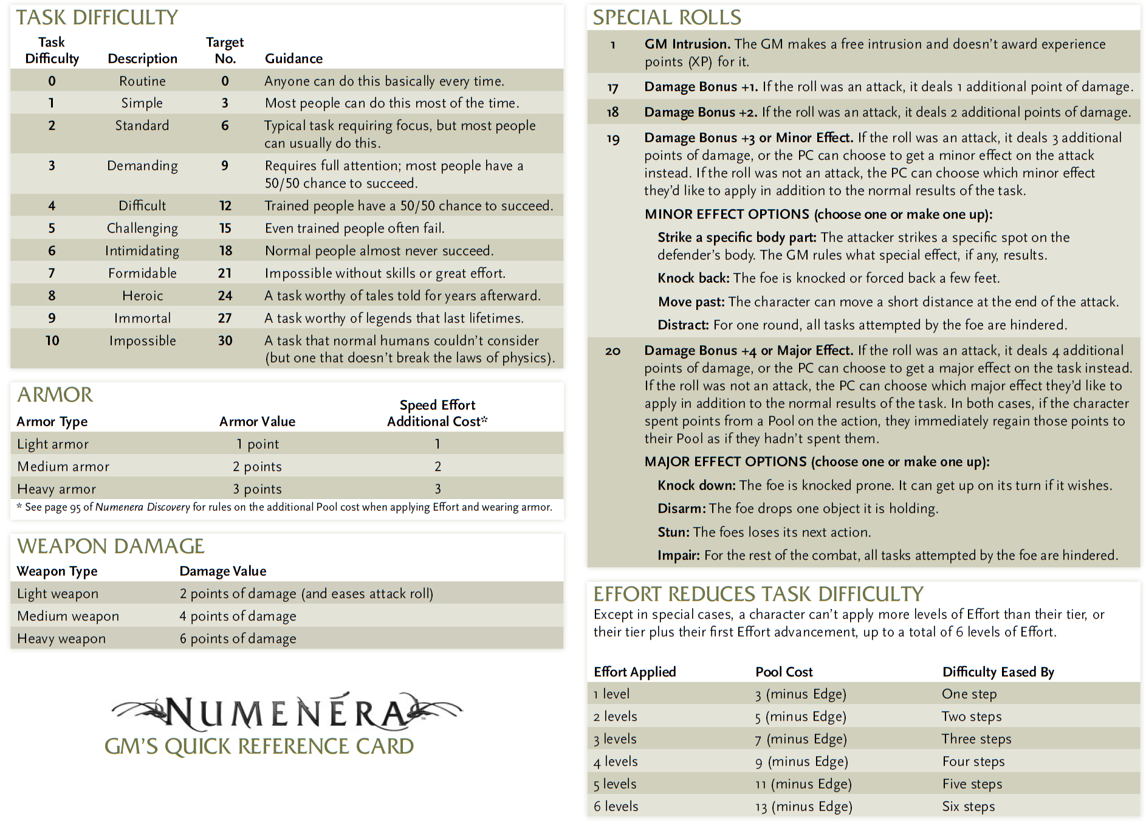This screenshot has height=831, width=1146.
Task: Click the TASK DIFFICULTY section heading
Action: tap(97, 18)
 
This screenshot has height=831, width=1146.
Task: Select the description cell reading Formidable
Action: tap(142, 274)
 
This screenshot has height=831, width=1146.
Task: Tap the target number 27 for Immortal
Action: tap(225, 319)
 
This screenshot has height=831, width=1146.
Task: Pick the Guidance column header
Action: tap(293, 59)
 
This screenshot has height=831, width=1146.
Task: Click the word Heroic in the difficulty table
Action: tap(142, 296)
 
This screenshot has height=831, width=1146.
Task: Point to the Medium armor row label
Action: tap(63, 467)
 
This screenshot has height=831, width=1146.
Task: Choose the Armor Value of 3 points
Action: tap(257, 489)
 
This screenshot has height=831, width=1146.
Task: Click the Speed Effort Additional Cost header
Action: tap(437, 413)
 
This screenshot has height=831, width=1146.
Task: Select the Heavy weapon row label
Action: tap(61, 639)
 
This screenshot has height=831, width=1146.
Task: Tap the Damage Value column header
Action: tap(223, 571)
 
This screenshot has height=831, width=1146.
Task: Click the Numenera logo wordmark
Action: tap(286, 712)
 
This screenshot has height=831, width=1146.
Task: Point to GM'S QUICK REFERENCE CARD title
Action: tap(259, 747)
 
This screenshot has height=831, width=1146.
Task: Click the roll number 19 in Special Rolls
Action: tap(613, 139)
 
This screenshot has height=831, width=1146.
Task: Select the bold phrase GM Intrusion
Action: tap(687, 44)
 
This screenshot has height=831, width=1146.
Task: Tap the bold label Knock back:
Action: tap(693, 278)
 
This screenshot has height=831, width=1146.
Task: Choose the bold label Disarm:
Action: tap(681, 509)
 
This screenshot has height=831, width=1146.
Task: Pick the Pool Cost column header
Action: tap(784, 672)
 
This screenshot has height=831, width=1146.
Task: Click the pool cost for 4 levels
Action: tap(801, 762)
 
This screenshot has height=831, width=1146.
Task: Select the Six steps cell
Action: tap(969, 807)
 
